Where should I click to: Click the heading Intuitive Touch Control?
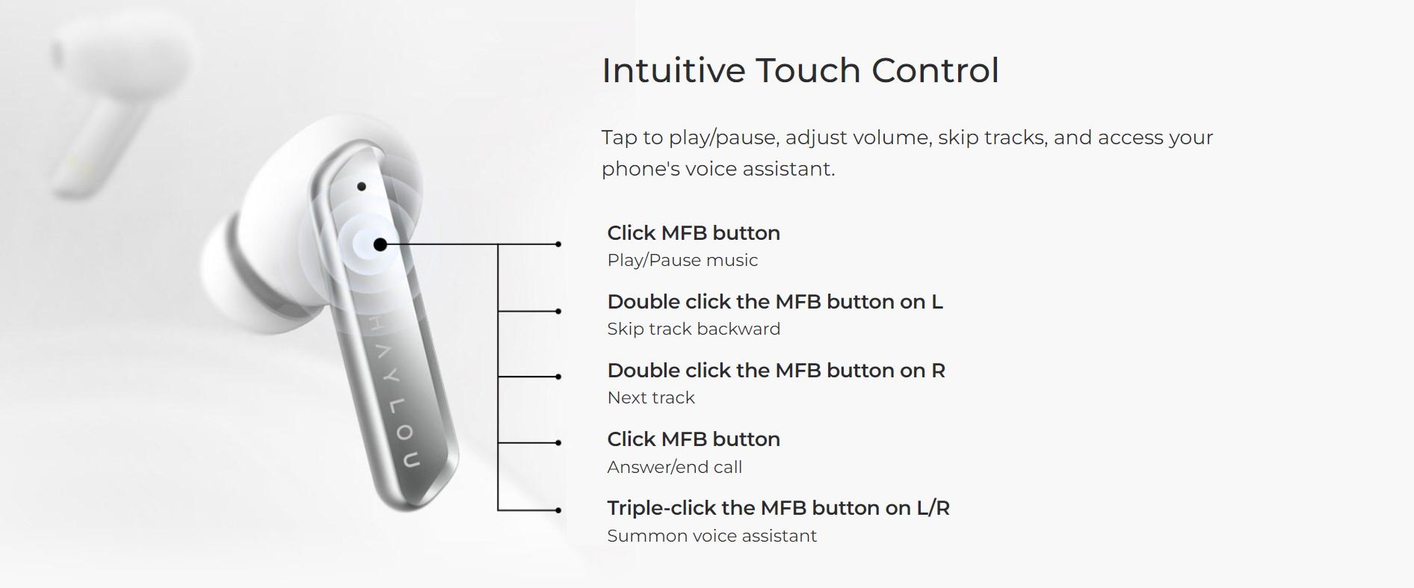800,70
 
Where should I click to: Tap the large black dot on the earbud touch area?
380,244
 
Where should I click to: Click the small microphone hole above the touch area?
362,186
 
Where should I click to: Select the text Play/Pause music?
682,260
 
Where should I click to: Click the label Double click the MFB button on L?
775,301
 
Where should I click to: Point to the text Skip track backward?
694,329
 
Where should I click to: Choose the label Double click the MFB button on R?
776,370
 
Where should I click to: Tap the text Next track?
651,397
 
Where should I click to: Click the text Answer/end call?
674,467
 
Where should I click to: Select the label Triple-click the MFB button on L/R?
778,508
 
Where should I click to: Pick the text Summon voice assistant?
711,536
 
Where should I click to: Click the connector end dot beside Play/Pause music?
558,244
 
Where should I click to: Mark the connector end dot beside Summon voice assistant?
558,510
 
